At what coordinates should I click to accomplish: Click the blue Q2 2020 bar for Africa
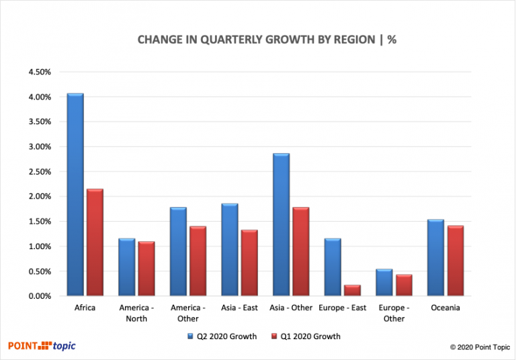pos(75,195)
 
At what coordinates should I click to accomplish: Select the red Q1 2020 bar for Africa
pos(94,242)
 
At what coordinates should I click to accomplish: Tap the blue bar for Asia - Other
pos(281,225)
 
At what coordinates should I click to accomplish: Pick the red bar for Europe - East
pos(353,290)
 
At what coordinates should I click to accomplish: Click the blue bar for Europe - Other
pos(384,283)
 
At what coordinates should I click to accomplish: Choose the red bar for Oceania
pos(456,261)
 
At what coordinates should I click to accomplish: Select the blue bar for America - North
pos(127,267)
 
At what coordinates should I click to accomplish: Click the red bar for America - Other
pos(198,261)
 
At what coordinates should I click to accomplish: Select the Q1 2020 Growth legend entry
pos(306,336)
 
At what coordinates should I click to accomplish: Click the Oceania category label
pos(445,308)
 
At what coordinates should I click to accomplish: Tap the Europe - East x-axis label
pos(343,308)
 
